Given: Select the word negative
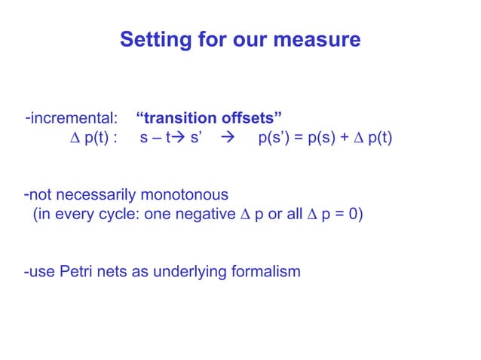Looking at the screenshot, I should pyautogui.click(x=202, y=215).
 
